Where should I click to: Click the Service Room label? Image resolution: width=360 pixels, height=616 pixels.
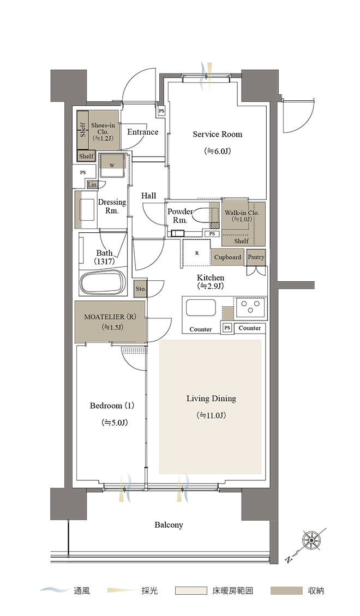(x=217, y=134)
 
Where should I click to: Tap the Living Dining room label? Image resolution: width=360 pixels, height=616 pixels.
(x=211, y=398)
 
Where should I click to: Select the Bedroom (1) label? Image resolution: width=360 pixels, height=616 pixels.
(x=112, y=406)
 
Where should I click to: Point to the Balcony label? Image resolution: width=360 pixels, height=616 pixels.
(x=169, y=525)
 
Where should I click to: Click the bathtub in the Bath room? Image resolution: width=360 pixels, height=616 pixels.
(x=103, y=282)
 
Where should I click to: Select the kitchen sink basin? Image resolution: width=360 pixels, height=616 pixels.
(x=201, y=307)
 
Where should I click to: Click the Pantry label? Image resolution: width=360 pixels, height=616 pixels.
(x=256, y=257)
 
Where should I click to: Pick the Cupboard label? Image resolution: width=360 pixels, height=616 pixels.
(x=227, y=257)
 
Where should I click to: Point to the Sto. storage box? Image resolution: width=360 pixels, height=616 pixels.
(x=141, y=289)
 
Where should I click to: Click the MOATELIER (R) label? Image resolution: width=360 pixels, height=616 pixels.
(x=110, y=317)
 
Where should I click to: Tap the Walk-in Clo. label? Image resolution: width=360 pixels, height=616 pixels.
(x=242, y=213)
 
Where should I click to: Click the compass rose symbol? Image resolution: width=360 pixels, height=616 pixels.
(x=311, y=541)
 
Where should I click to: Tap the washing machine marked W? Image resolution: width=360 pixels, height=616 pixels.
(x=112, y=165)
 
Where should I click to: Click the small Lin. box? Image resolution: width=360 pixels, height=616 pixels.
(x=92, y=185)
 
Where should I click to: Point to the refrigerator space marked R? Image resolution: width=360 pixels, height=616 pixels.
(x=197, y=253)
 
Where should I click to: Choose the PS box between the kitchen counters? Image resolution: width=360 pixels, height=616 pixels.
(x=227, y=328)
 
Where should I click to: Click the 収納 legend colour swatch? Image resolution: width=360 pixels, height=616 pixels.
(x=286, y=590)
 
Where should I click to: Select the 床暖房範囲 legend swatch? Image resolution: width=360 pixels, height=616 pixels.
(x=191, y=590)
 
